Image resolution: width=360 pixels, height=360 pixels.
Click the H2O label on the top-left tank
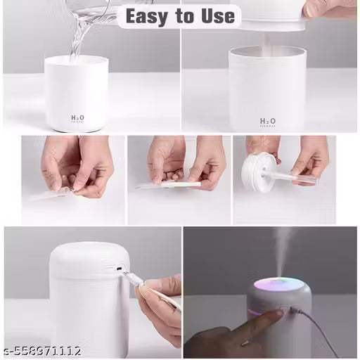77,119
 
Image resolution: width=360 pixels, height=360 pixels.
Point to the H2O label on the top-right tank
268,122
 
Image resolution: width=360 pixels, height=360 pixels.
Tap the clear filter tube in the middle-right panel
292,176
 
